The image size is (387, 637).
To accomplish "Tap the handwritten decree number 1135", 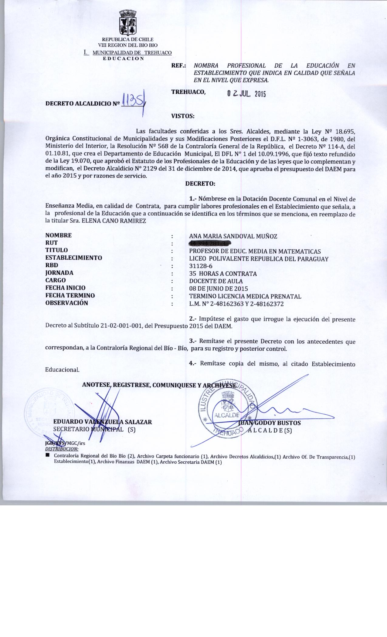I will pos(133,101).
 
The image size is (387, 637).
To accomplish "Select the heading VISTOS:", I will pos(183,116).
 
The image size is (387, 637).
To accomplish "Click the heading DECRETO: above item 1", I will pos(200,184).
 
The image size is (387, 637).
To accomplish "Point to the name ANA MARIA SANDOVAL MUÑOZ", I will pos(233,236).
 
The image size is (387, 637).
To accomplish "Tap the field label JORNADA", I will pos(59,273).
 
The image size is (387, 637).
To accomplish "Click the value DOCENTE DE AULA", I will pos(216,281).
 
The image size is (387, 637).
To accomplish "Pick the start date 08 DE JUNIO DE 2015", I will pos(219,288).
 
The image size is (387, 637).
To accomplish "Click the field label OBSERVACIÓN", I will pos(66,303).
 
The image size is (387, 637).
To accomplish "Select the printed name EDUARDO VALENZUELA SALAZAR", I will pos(103,422).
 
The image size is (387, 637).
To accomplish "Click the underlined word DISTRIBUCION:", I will pos(62,449).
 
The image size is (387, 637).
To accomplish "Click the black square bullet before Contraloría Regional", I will pos(47,456).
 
